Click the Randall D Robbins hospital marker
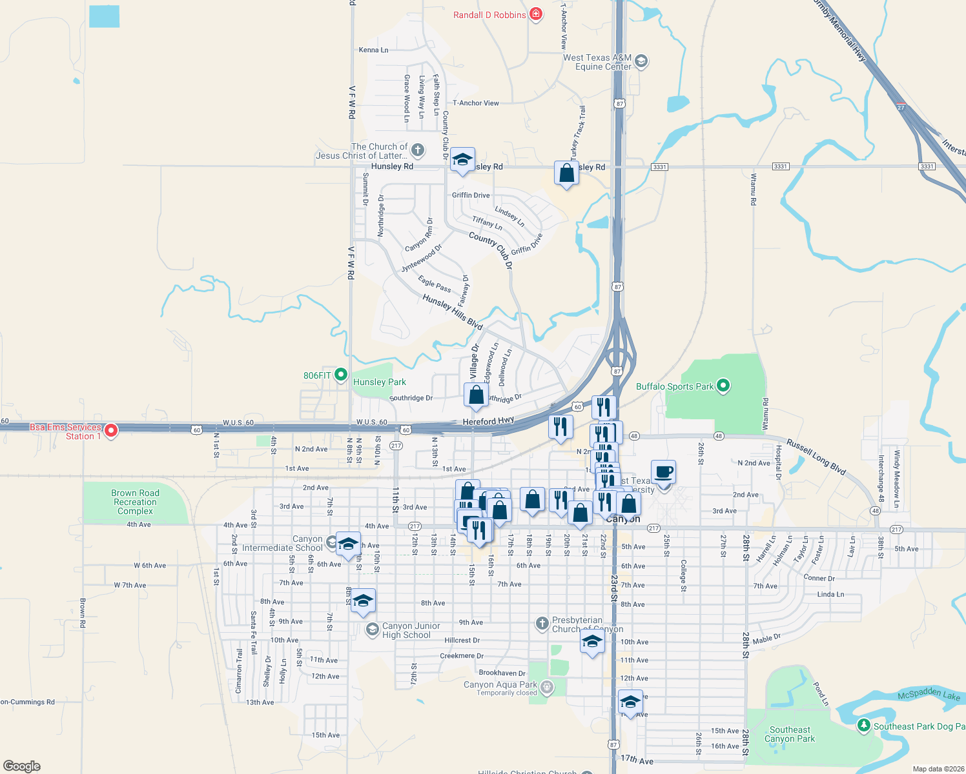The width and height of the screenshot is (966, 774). (x=535, y=14)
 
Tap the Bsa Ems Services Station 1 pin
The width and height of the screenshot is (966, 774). (x=111, y=430)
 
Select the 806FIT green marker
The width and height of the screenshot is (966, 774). (x=341, y=375)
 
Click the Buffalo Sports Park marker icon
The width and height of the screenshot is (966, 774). (x=723, y=386)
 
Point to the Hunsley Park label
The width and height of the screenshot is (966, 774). (x=379, y=382)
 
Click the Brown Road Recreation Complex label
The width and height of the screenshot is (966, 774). (x=135, y=502)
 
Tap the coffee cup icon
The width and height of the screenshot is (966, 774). (x=663, y=473)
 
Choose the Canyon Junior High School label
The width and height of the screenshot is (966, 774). (x=411, y=630)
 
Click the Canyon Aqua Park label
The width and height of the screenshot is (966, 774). (x=500, y=684)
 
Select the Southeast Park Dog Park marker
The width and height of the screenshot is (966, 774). (x=863, y=726)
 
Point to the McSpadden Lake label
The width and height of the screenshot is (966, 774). (x=929, y=695)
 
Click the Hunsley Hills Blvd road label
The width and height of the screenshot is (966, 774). (x=453, y=312)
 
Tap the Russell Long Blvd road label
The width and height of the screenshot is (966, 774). (x=816, y=457)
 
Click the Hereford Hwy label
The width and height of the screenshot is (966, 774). (x=488, y=421)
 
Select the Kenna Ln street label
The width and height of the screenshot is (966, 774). (x=373, y=50)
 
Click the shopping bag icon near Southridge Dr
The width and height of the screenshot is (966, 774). (x=476, y=395)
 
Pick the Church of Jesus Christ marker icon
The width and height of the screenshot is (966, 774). (x=418, y=150)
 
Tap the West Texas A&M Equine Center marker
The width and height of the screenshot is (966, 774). (x=641, y=61)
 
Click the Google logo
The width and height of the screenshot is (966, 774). (x=22, y=766)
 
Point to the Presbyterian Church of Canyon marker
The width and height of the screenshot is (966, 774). (x=542, y=623)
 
